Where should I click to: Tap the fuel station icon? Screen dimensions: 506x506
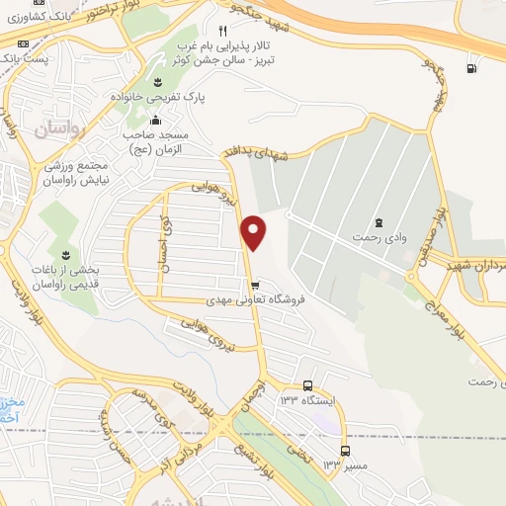[x=470, y=68]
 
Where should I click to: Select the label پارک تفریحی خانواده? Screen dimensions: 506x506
[x=151, y=100]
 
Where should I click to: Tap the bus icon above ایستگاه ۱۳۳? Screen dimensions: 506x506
[x=307, y=385]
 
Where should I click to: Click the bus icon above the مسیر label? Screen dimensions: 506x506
[x=344, y=450]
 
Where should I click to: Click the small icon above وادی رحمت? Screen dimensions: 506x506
[x=380, y=222]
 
